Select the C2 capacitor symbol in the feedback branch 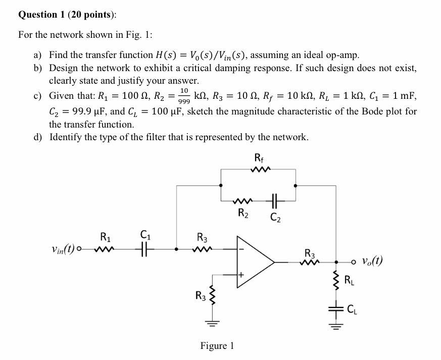pos(275,200)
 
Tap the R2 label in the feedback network pos(243,212)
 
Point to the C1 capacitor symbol pos(145,249)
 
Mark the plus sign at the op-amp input pos(241,275)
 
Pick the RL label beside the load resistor pos(349,280)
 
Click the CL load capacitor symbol pos(336,309)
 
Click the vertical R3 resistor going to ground pos(214,296)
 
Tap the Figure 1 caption pos(217,346)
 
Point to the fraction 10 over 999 pos(184,95)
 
